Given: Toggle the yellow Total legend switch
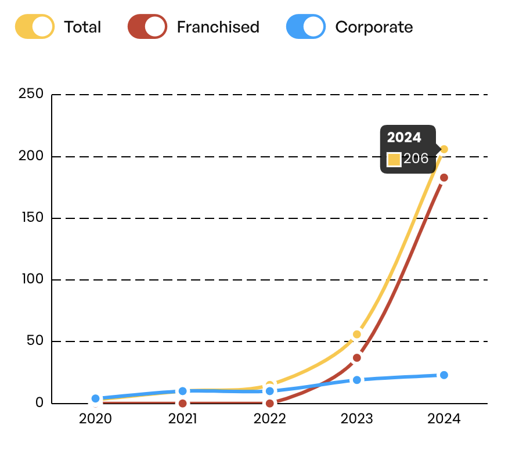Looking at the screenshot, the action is click(35, 27).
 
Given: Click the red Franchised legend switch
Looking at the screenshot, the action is click(147, 27).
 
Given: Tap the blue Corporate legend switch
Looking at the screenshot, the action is click(305, 27).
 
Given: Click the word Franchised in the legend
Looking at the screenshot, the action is click(218, 27).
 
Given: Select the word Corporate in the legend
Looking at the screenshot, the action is click(374, 27).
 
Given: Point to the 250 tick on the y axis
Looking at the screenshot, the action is click(31, 94).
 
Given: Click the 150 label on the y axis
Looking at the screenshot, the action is click(33, 218).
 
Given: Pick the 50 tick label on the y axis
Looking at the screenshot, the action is click(35, 341).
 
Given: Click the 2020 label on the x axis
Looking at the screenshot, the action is click(95, 419).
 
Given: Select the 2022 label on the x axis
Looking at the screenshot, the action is click(270, 419).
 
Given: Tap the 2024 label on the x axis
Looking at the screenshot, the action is click(444, 419).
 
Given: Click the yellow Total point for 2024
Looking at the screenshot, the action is click(444, 149).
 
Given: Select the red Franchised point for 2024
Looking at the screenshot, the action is click(444, 178).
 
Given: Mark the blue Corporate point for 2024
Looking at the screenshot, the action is click(444, 375).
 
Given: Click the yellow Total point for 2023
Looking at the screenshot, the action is click(357, 335).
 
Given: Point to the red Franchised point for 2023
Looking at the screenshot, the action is click(357, 358).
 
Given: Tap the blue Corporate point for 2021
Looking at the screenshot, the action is click(183, 391).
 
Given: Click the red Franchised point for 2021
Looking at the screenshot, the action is click(183, 404).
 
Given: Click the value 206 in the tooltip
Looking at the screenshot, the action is click(416, 159).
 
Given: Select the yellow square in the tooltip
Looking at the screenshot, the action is click(394, 160).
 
